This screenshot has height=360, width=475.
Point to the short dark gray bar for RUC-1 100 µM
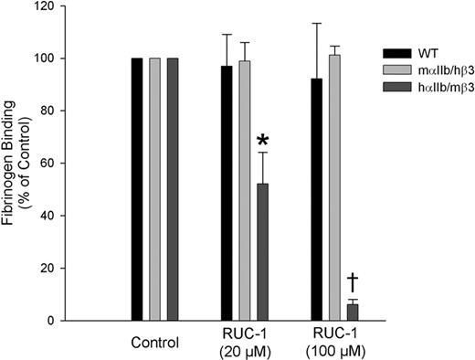click(x=352, y=312)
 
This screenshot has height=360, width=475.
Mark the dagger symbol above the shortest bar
click(x=352, y=281)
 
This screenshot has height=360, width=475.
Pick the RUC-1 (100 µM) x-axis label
click(x=334, y=345)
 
